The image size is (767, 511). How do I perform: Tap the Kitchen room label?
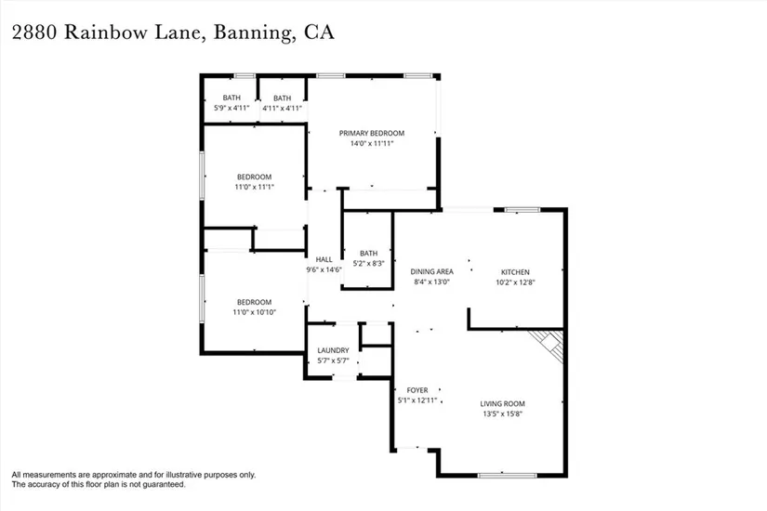coord(515,271)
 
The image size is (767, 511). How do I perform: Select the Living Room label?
coord(502,403)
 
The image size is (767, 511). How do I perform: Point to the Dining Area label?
coord(431,271)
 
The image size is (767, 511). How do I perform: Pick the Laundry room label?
coord(333,350)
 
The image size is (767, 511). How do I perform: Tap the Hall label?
coord(324,259)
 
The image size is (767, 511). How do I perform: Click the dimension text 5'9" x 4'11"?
coord(231,108)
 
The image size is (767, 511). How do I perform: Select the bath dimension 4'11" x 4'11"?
coord(282,108)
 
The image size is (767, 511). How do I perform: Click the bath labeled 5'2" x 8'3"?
coord(368,263)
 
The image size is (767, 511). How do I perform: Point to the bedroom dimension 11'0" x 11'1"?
coord(254,187)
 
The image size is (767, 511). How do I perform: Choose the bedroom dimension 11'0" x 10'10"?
coord(254,311)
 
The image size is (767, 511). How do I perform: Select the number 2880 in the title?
coord(37,33)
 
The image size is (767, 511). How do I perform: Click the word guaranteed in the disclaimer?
coord(161,484)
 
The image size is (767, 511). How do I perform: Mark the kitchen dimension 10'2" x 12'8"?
coord(515,282)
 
